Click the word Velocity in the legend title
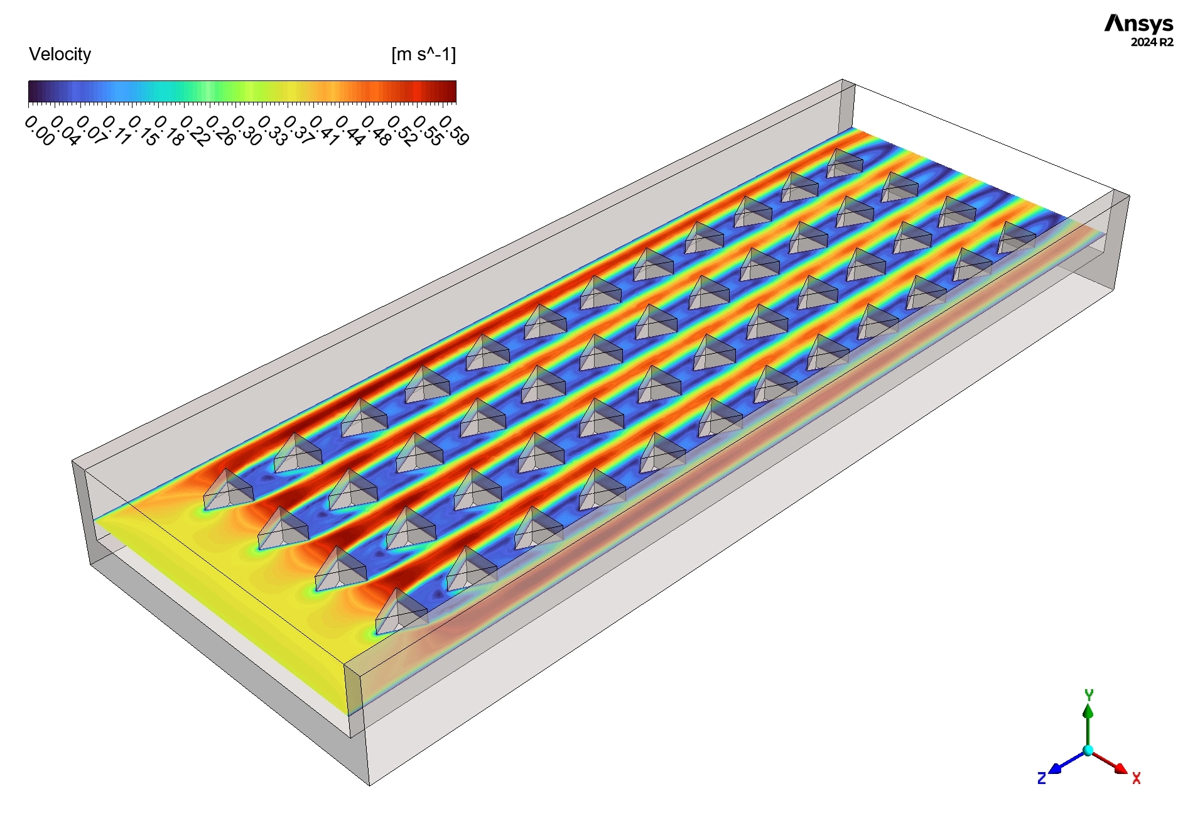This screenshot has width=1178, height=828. (x=60, y=55)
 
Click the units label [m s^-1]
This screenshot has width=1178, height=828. (x=423, y=55)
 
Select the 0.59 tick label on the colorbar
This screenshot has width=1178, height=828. (x=454, y=131)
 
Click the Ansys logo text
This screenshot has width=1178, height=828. (x=1138, y=24)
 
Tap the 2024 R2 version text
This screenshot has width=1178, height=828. (x=1151, y=43)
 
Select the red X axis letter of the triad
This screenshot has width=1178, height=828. (x=1136, y=779)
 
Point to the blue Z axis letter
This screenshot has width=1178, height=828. (x=1042, y=779)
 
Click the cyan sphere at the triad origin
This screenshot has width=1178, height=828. (x=1088, y=750)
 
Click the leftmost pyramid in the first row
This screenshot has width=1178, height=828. (x=228, y=490)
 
